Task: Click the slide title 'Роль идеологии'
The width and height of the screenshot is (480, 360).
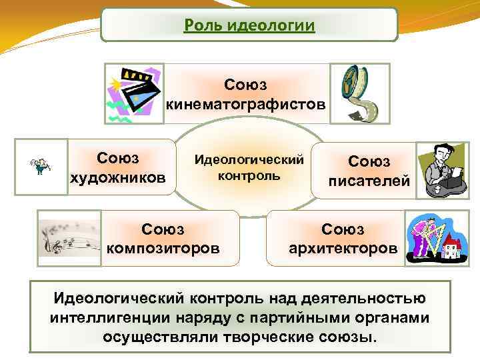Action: point(249,26)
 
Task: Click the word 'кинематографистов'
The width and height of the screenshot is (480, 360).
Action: point(247,104)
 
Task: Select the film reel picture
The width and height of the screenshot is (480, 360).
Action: point(356,93)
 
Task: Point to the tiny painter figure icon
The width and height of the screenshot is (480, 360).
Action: point(41,167)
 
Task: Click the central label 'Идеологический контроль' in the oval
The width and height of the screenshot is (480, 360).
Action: point(249,168)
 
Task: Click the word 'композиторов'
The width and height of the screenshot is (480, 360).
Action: point(163,249)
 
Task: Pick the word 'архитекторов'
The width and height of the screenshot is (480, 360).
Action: point(343,249)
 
